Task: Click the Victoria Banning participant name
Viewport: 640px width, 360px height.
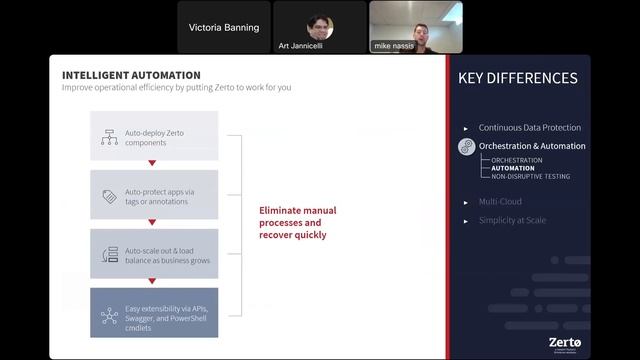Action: point(224,28)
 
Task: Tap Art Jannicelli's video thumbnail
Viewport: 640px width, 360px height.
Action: point(319,27)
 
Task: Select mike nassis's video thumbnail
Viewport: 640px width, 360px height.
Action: point(415,27)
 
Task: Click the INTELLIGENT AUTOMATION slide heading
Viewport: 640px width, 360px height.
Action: point(131,75)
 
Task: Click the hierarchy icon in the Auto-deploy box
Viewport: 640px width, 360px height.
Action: point(109,138)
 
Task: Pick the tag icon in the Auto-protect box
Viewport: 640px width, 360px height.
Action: point(109,196)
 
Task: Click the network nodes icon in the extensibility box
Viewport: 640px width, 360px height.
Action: point(109,316)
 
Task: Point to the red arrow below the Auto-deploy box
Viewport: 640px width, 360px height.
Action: point(152,163)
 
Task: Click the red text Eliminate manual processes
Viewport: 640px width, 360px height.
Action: point(298,223)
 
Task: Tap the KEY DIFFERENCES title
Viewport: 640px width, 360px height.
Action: point(518,78)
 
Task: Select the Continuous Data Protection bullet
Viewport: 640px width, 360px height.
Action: point(529,128)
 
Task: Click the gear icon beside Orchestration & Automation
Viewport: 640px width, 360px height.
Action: point(465,147)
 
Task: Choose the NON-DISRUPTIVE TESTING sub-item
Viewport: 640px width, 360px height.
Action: point(530,176)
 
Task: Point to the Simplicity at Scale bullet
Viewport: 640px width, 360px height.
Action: point(512,220)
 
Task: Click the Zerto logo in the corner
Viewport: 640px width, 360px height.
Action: point(565,340)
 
